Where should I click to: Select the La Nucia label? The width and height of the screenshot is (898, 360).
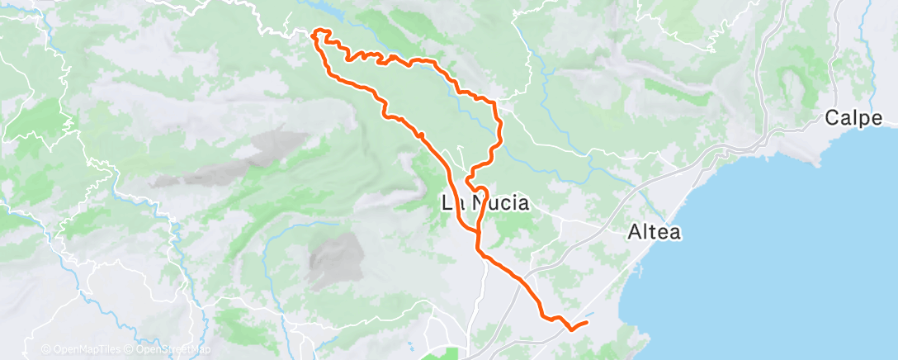[x=485, y=202]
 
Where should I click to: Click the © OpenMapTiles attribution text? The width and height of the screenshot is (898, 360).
[x=81, y=349]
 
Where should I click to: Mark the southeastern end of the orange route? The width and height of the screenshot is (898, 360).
[x=588, y=322]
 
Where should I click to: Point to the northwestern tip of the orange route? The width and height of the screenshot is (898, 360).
[x=314, y=33]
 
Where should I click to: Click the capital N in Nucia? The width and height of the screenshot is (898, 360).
[x=482, y=202]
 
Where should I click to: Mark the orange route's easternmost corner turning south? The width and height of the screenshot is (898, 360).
[x=495, y=102]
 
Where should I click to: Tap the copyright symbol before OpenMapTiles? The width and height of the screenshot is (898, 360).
[x=45, y=349]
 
